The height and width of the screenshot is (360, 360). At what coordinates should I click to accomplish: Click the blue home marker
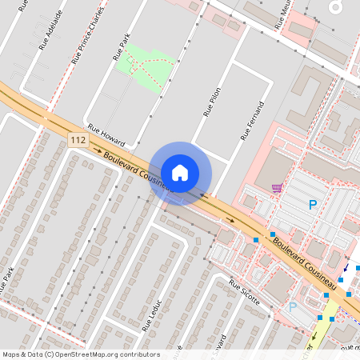[x=180, y=172]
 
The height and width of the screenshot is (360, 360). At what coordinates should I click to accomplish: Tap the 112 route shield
[x=78, y=140]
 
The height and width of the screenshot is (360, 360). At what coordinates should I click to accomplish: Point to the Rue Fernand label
[x=251, y=122]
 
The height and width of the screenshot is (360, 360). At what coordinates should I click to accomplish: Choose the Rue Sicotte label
[x=245, y=289]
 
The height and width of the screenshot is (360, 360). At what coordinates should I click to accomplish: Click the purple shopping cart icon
[x=277, y=189]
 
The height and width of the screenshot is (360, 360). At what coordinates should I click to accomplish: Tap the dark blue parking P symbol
[x=313, y=205]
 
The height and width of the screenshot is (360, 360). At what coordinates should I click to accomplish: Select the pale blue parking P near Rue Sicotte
[x=292, y=306]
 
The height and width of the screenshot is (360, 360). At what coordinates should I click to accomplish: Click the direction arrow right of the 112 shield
[x=98, y=150]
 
